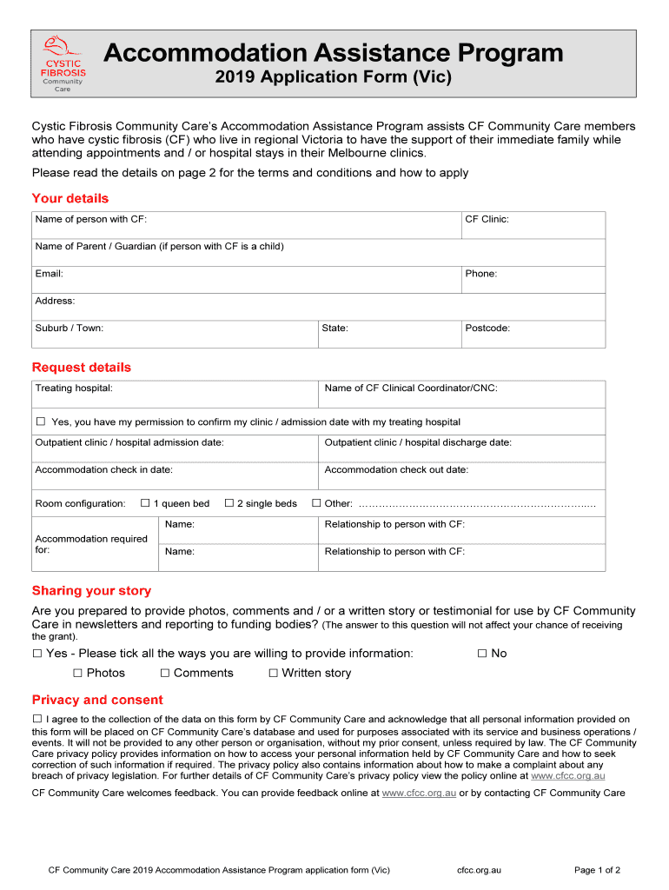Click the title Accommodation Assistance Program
(334, 54)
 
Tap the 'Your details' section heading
(70, 198)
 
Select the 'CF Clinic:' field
(533, 225)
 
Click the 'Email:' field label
(49, 274)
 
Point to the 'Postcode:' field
(533, 334)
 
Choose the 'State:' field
(389, 334)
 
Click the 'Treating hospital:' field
(174, 394)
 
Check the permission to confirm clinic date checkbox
(40, 422)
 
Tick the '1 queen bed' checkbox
(145, 503)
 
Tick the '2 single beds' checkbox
(229, 503)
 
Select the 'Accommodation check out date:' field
(460, 475)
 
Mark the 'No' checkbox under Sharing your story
(482, 653)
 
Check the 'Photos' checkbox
(77, 673)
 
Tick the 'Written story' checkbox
(273, 673)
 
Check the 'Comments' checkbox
(165, 673)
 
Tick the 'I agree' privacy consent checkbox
(37, 719)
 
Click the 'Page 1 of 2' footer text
(597, 870)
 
